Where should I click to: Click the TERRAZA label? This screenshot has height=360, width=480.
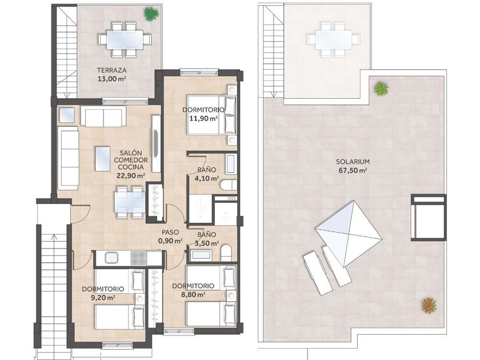point(111,70)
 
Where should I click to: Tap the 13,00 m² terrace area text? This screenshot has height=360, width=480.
point(111,79)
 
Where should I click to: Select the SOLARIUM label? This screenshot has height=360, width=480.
point(353,162)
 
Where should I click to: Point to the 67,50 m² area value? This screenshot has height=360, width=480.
point(353,170)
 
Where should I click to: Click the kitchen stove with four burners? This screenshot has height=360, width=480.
point(138,258)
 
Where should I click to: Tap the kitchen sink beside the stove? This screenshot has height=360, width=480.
point(112,258)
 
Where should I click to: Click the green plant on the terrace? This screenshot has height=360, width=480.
point(151,14)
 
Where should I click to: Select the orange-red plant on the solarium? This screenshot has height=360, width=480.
point(429,306)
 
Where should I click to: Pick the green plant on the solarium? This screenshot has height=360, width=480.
point(381,89)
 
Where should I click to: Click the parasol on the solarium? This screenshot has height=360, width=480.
point(349,234)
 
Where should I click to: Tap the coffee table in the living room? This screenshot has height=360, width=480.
point(102,159)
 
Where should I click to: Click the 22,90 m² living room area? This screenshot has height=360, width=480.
point(131,176)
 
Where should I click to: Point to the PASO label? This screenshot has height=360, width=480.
point(170,233)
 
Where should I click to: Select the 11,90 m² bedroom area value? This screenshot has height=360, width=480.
point(203,118)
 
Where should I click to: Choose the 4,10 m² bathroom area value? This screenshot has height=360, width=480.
point(207,178)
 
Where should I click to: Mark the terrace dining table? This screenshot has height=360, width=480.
point(125,39)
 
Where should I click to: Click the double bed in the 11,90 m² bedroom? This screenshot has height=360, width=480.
point(212,115)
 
